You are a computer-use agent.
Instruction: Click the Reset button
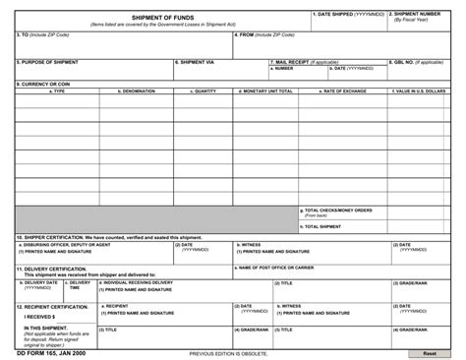coord(430,352)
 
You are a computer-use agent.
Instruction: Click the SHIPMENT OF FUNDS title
coord(163,17)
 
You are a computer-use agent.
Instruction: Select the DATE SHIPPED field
coord(349,22)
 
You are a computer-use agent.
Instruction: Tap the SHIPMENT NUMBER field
coord(419,22)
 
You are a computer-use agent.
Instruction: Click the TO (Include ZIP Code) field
coord(123,46)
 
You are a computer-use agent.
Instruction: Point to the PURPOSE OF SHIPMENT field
coord(93,70)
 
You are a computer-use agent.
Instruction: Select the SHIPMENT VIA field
coord(220,70)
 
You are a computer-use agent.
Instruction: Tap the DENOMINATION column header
coord(137,90)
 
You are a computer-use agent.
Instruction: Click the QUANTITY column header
coord(205,90)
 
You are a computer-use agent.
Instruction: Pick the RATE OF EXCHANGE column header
coord(344,90)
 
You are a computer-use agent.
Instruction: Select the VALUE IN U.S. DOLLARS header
coord(420,90)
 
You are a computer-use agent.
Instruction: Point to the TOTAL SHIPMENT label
coord(323,226)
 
